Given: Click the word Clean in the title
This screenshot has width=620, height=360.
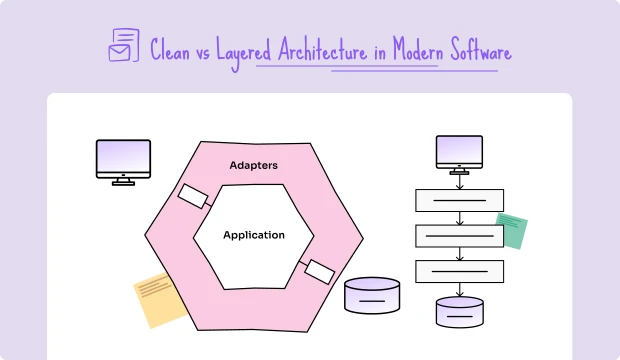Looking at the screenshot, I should (169, 49).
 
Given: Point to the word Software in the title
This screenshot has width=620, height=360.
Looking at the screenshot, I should (474, 49).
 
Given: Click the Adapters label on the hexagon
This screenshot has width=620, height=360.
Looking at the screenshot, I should (253, 165).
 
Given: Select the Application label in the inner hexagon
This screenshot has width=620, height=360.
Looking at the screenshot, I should (253, 235).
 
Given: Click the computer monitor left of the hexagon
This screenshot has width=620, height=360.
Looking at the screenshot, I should (122, 161).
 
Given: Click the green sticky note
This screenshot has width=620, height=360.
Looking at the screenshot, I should (511, 229).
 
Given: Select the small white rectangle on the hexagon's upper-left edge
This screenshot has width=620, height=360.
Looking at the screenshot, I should (193, 196).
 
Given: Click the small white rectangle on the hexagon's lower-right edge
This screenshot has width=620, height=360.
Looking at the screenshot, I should (319, 270).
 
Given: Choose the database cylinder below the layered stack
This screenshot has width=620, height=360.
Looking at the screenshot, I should (459, 312).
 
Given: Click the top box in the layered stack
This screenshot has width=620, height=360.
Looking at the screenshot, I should (459, 200).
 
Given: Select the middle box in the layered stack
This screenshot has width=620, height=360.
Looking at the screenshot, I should (459, 236).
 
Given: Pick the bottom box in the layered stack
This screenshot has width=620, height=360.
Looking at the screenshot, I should (459, 271).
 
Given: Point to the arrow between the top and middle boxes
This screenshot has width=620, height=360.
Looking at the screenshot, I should (459, 218).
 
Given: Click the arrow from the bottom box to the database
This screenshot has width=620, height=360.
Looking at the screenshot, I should (459, 289).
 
